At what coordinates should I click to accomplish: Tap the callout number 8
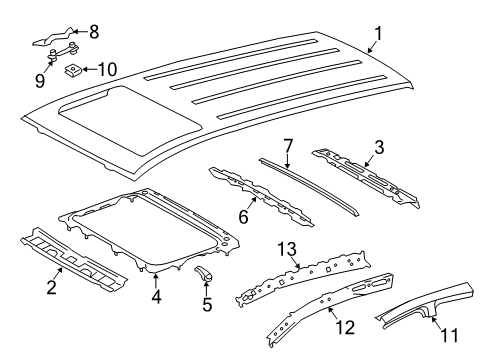coord(94,31)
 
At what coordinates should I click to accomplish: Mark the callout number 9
coord(39,78)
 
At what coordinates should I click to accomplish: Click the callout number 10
coord(107,70)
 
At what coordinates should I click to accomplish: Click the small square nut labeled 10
coord(73,71)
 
